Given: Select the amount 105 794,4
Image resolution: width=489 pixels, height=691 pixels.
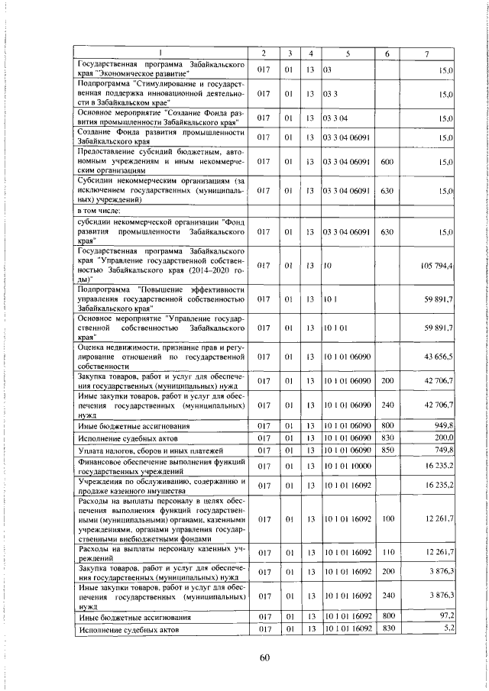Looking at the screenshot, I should coord(437,265).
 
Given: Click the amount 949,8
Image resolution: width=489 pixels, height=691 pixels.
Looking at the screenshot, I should coord(443,425).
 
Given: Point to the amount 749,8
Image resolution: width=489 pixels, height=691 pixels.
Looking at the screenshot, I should coord(443,451).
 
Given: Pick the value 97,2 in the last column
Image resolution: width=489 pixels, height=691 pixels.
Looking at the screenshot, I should coord(445,615).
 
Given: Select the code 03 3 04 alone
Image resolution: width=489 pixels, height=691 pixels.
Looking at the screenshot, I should coord(335,118).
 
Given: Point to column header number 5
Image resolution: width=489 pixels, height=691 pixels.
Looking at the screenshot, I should coord(347,53).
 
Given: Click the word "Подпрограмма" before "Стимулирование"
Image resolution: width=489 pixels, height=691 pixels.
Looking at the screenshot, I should coord(102,83).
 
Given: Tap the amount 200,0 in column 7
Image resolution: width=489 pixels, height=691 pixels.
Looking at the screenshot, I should coord(443,438).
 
